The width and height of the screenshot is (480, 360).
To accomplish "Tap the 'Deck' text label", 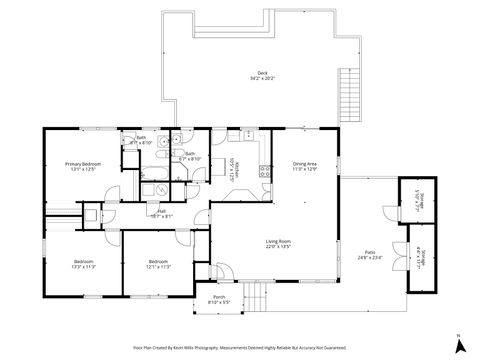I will [x=262, y=73].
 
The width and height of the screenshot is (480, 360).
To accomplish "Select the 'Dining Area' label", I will [x=305, y=163].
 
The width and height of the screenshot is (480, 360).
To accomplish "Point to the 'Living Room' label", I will [x=278, y=241].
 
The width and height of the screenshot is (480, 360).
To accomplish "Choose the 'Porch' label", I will [x=218, y=297].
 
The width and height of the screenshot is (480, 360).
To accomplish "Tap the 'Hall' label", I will [x=161, y=211].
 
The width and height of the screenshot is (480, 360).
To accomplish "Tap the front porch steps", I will [x=258, y=297].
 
